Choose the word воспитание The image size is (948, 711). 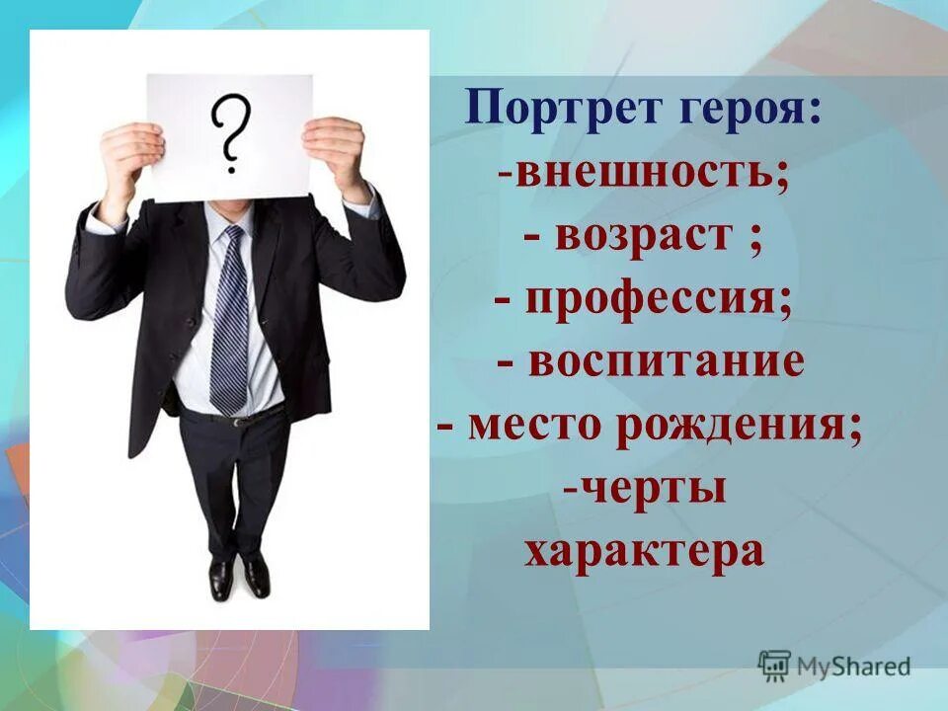pos(666,361)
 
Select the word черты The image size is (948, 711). pos(653,489)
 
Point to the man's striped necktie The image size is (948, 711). pos(229,326)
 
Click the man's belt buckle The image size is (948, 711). pos(237,421)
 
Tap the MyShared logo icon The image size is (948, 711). pos(774,666)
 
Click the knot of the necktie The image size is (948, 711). pos(233,237)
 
